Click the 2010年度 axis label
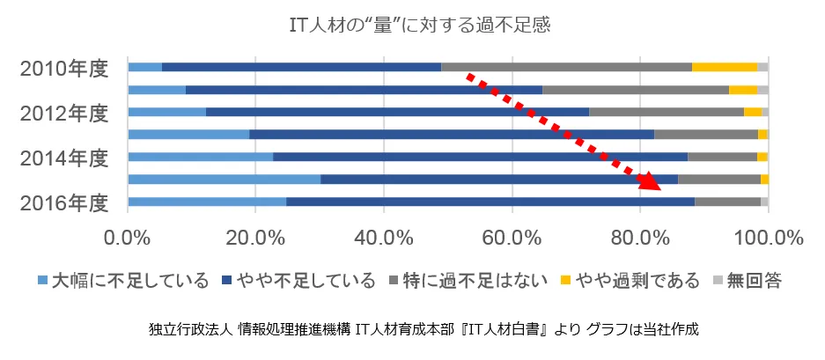pos(64,67)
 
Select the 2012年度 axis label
pos(64,112)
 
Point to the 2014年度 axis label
pos(64,158)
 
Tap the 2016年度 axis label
pos(64,202)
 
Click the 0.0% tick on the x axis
pos(129,237)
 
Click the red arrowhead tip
pos(658,188)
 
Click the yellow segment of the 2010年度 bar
pos(725,67)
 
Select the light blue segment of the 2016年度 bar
pos(207,202)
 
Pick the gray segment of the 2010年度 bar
pos(566,67)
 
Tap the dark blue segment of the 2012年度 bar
pos(397,112)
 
